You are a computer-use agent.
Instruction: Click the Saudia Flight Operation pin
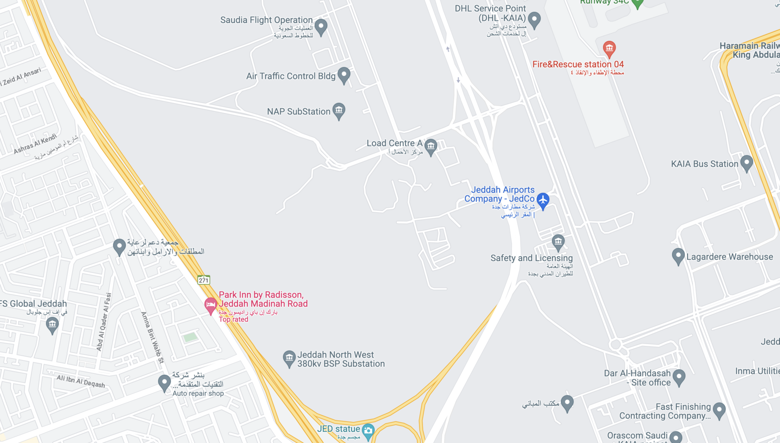click(321, 27)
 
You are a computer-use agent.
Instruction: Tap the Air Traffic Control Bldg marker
click(344, 75)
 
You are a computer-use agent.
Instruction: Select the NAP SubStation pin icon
click(339, 111)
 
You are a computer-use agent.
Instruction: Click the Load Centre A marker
click(431, 147)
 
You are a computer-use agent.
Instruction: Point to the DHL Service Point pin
click(534, 20)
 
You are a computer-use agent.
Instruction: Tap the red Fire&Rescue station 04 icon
click(609, 48)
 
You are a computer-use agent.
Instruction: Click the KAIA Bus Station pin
click(746, 163)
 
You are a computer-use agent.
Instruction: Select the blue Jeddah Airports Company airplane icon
click(543, 200)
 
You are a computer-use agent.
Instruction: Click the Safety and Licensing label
click(532, 258)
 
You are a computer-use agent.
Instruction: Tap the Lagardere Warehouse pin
click(678, 256)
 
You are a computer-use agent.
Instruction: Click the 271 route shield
click(203, 280)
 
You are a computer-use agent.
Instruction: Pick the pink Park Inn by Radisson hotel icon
click(210, 305)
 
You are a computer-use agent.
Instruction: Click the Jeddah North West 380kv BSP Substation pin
click(289, 358)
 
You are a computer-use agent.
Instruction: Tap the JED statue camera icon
click(368, 431)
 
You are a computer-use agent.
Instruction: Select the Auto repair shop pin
click(164, 383)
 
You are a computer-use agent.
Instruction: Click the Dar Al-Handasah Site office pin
click(679, 377)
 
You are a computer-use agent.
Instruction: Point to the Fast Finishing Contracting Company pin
click(719, 410)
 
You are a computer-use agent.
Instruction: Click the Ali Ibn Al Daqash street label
click(81, 381)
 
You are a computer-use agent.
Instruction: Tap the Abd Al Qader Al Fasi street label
click(104, 322)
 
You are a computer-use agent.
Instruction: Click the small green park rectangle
click(190, 337)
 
